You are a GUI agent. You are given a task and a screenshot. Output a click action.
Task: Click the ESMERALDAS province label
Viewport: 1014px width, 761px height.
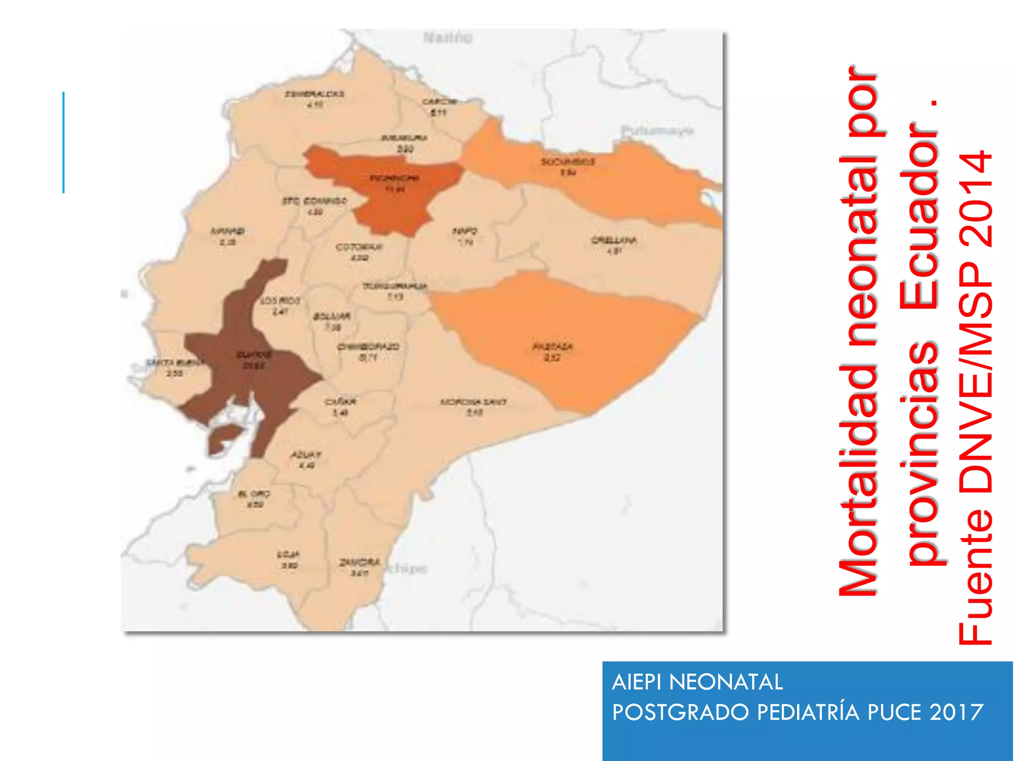(x=314, y=94)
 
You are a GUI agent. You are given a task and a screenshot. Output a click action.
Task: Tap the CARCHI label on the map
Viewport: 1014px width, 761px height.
(x=439, y=102)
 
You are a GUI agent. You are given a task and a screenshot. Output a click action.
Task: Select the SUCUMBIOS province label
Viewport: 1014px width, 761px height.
(x=567, y=162)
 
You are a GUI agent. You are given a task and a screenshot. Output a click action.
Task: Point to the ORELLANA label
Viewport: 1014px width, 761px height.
(x=614, y=241)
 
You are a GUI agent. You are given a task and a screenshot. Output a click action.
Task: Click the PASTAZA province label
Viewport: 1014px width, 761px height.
(x=553, y=347)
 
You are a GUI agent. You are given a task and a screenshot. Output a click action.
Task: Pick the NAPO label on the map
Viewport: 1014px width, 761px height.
(x=465, y=231)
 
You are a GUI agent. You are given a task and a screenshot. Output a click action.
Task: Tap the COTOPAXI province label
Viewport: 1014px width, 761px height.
(x=359, y=247)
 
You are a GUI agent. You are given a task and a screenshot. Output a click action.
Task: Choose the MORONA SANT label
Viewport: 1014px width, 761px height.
(x=473, y=402)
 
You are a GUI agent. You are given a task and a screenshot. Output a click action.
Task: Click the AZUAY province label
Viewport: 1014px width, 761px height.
(x=306, y=455)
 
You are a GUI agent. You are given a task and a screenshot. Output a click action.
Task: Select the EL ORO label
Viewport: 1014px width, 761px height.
(x=254, y=494)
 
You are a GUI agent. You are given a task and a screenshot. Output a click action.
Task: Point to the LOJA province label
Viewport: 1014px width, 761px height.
(x=288, y=554)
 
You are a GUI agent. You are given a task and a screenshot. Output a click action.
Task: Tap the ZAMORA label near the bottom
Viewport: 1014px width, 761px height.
(x=359, y=563)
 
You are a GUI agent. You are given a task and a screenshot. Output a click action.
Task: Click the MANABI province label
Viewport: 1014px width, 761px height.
(x=228, y=231)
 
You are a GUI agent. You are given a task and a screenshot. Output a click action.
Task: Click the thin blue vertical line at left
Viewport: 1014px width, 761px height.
(x=63, y=142)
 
